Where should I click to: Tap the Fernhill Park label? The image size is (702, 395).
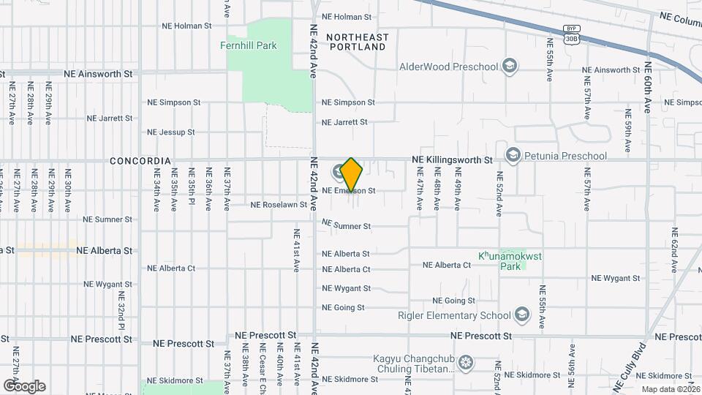[x=249, y=45]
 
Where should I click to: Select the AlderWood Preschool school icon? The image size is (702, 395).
[x=510, y=67]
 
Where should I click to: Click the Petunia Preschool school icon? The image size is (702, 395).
[x=513, y=156]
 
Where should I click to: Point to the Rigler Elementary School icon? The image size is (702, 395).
[x=521, y=315]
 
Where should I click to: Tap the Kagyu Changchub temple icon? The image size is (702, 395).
[x=465, y=363]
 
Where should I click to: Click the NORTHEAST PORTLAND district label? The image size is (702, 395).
[x=357, y=42]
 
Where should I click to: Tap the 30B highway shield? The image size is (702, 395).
[x=571, y=39]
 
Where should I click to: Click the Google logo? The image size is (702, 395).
[x=24, y=385]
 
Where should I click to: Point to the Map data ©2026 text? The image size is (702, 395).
[x=670, y=389]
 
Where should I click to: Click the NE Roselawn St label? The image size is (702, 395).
[x=279, y=205]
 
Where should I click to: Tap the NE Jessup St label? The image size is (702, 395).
[x=171, y=132]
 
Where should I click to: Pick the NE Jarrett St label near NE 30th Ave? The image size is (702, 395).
[x=110, y=118]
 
